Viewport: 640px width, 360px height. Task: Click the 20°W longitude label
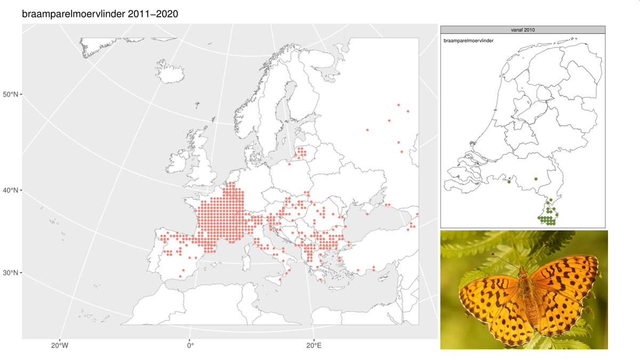[x=59, y=346]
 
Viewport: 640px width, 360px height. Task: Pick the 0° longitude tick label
[x=190, y=346]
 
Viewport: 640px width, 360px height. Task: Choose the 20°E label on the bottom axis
[x=314, y=346]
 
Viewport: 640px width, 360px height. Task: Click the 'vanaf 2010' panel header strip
[x=522, y=30]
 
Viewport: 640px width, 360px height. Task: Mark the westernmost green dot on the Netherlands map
[x=509, y=182]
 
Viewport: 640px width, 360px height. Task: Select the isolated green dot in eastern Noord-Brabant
[x=535, y=179]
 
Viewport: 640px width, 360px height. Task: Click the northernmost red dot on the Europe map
[x=398, y=105]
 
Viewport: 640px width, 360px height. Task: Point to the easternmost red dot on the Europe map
[x=417, y=214]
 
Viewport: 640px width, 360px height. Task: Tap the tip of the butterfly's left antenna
[x=492, y=254]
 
